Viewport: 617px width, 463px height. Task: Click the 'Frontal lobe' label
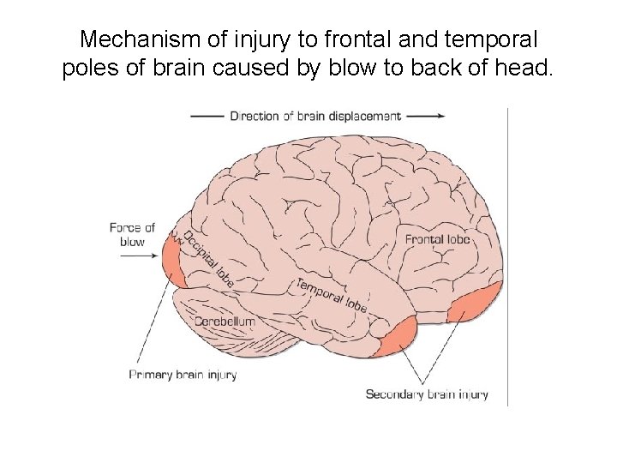pyautogui.click(x=437, y=239)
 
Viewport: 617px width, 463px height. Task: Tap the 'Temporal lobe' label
pyautogui.click(x=332, y=294)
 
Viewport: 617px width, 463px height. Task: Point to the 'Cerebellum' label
pyautogui.click(x=225, y=321)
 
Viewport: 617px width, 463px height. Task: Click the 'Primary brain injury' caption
pyautogui.click(x=183, y=374)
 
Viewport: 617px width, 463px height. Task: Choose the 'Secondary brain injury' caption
pyautogui.click(x=427, y=394)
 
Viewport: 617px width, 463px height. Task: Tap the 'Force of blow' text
pyautogui.click(x=132, y=234)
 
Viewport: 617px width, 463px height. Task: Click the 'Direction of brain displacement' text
pyautogui.click(x=314, y=116)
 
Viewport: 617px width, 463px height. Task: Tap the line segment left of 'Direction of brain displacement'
pyautogui.click(x=207, y=116)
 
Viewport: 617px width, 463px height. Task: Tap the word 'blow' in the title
pyautogui.click(x=361, y=69)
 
